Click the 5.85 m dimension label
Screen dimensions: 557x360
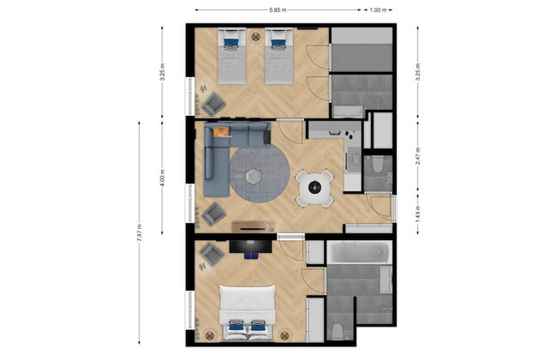coord(278,10)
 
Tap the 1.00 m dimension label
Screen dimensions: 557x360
coord(378,10)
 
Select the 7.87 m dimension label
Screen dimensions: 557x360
coord(139,233)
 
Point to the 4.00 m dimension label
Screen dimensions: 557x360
coord(162,177)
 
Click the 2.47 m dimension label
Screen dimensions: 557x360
coord(418,156)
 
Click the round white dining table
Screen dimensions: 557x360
coord(315,187)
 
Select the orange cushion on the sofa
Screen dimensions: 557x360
coord(221,132)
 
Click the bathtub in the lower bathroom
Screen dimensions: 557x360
coord(359,253)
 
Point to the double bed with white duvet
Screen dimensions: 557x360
coord(248,313)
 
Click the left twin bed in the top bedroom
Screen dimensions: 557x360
coord(231,57)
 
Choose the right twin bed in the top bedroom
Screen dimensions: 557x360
coord(278,57)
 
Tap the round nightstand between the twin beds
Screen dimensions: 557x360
coord(255,36)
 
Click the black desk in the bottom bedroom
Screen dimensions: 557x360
coord(251,246)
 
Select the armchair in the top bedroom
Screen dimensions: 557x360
coord(213,104)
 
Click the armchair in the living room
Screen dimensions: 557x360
coord(214,214)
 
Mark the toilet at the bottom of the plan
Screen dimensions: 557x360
coord(338,331)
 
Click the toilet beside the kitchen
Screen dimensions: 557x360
coord(377,164)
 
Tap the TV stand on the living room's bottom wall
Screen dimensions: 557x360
coord(253,226)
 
